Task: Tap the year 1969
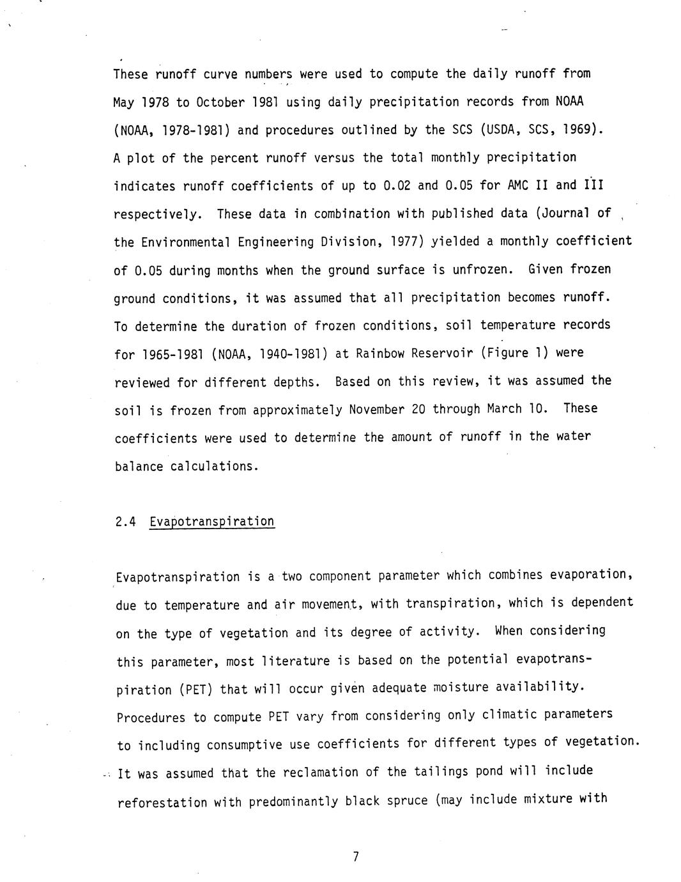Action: coord(583,130)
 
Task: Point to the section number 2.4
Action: coord(126,522)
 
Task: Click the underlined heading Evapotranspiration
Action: coord(212,522)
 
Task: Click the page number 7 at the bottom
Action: coord(355,857)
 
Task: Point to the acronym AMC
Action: coord(521,185)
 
